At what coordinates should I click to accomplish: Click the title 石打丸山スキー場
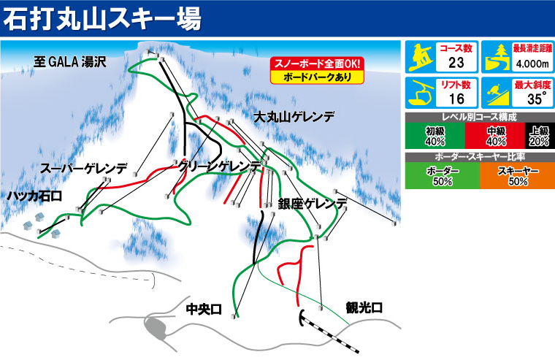[102, 18]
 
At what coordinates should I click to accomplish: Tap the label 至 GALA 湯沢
[70, 62]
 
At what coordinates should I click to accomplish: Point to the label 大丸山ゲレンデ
[295, 116]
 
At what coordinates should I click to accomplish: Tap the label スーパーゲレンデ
[85, 168]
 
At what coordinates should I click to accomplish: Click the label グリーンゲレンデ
[219, 167]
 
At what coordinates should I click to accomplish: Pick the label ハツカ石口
[35, 196]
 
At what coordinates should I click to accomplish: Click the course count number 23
[457, 62]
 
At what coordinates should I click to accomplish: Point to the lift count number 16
[457, 99]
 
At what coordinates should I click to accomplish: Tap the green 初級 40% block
[435, 135]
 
